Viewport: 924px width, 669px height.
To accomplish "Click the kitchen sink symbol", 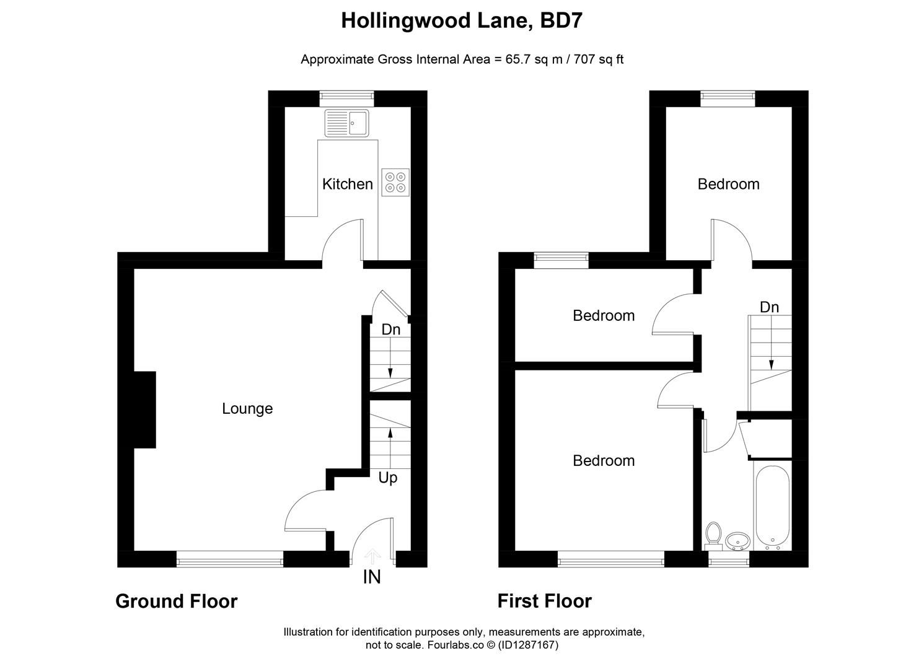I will [x=346, y=123].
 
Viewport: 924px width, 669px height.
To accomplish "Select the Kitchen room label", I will [x=348, y=184].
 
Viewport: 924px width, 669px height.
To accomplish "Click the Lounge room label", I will [x=247, y=409].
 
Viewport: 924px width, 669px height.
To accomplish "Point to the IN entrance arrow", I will [x=372, y=556].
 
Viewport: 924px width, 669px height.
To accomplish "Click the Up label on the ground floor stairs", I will [x=388, y=478].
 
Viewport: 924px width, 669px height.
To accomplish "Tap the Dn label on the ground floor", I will [x=390, y=330].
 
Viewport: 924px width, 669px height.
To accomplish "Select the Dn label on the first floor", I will [x=769, y=307].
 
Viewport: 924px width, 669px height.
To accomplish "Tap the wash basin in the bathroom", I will [x=737, y=541].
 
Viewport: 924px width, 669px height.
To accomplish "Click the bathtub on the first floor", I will [x=772, y=507].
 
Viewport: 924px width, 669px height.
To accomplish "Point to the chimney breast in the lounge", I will [x=145, y=409].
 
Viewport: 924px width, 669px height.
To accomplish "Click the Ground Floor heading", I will [x=177, y=601].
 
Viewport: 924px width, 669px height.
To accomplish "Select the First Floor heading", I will [x=545, y=601].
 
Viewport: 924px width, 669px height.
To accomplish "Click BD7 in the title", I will [x=561, y=21].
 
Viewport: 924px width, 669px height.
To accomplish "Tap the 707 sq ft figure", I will [x=599, y=59].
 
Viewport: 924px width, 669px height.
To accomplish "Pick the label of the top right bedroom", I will [x=728, y=184].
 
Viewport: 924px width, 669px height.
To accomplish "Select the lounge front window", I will [x=230, y=562].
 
